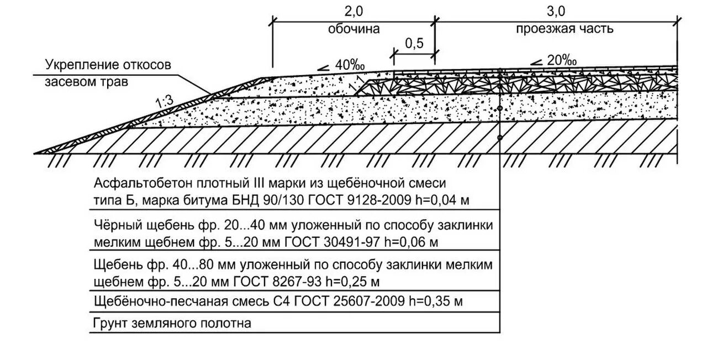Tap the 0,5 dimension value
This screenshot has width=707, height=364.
pyautogui.click(x=414, y=44)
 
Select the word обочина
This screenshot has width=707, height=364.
pyautogui.click(x=354, y=29)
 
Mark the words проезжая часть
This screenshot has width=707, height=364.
pyautogui.click(x=564, y=29)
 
